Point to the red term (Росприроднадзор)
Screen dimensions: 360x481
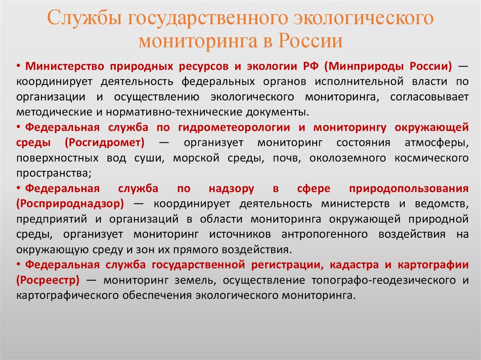70,204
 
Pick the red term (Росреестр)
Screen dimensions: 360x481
47,280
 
